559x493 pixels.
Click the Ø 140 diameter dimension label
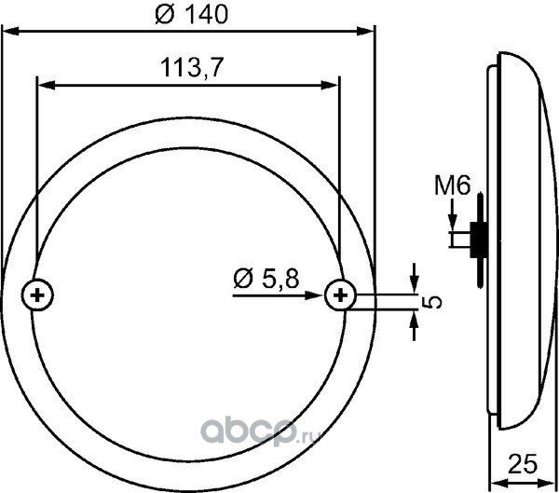(191, 15)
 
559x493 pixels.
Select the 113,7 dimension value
(192, 67)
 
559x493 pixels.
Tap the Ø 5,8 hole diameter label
(266, 279)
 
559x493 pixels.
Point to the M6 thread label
(453, 185)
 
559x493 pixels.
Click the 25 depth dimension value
(522, 464)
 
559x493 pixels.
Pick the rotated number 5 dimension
(431, 303)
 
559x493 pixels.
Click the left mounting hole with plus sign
(37, 295)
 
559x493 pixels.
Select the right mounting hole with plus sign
(340, 295)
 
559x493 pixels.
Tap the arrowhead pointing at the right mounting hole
(314, 295)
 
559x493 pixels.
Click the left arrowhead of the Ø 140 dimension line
(10, 31)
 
